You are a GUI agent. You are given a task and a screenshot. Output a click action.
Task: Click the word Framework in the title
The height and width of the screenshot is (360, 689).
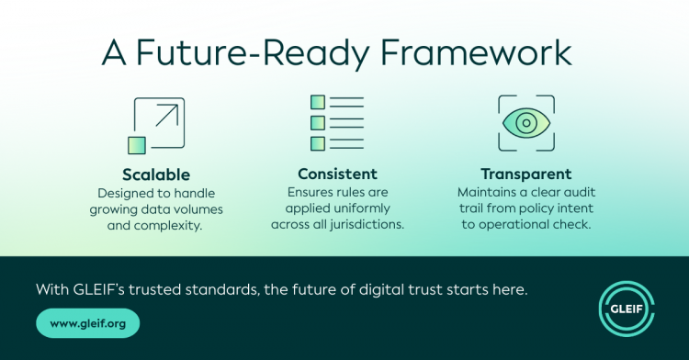(x=476, y=52)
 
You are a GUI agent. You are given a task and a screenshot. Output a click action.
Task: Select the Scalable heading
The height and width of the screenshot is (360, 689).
(x=156, y=174)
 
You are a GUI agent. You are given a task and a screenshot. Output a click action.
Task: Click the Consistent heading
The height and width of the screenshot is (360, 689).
(x=337, y=174)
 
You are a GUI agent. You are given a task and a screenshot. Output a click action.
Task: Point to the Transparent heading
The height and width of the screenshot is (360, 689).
(x=526, y=174)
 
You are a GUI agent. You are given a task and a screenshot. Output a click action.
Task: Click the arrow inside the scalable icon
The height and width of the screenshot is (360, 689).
(x=167, y=115)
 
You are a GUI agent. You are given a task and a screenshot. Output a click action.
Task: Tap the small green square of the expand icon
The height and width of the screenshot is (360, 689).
(x=137, y=145)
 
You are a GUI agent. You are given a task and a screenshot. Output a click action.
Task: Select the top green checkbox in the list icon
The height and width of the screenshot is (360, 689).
(x=318, y=102)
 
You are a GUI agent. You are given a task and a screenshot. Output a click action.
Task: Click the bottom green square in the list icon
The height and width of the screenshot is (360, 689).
(x=318, y=143)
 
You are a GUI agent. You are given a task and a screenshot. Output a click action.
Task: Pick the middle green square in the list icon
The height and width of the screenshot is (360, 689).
(x=318, y=123)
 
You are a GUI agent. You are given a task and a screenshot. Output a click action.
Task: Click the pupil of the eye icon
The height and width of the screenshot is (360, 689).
(x=526, y=123)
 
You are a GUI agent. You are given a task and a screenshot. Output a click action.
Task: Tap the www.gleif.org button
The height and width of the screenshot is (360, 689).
(x=88, y=323)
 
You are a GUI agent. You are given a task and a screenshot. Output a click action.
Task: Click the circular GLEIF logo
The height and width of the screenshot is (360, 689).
(x=627, y=309)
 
